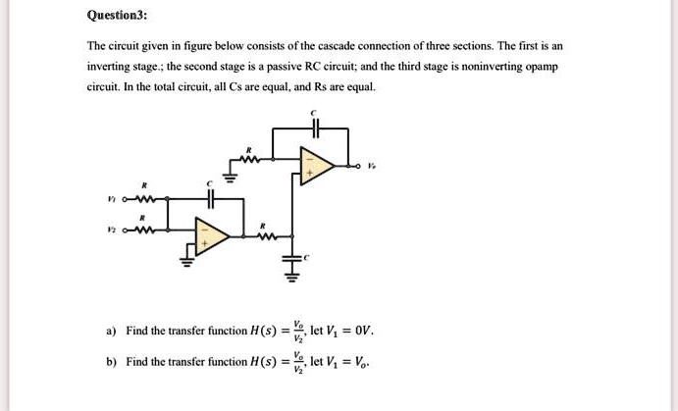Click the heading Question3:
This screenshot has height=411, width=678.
click(118, 16)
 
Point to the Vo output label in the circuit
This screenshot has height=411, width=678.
click(370, 166)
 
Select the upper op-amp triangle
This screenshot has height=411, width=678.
click(315, 166)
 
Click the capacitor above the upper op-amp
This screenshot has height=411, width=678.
click(314, 128)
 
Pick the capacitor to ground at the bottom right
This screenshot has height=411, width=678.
click(289, 260)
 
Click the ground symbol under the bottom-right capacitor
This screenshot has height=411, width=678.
click(289, 276)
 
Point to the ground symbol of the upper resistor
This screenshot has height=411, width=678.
click(232, 178)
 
